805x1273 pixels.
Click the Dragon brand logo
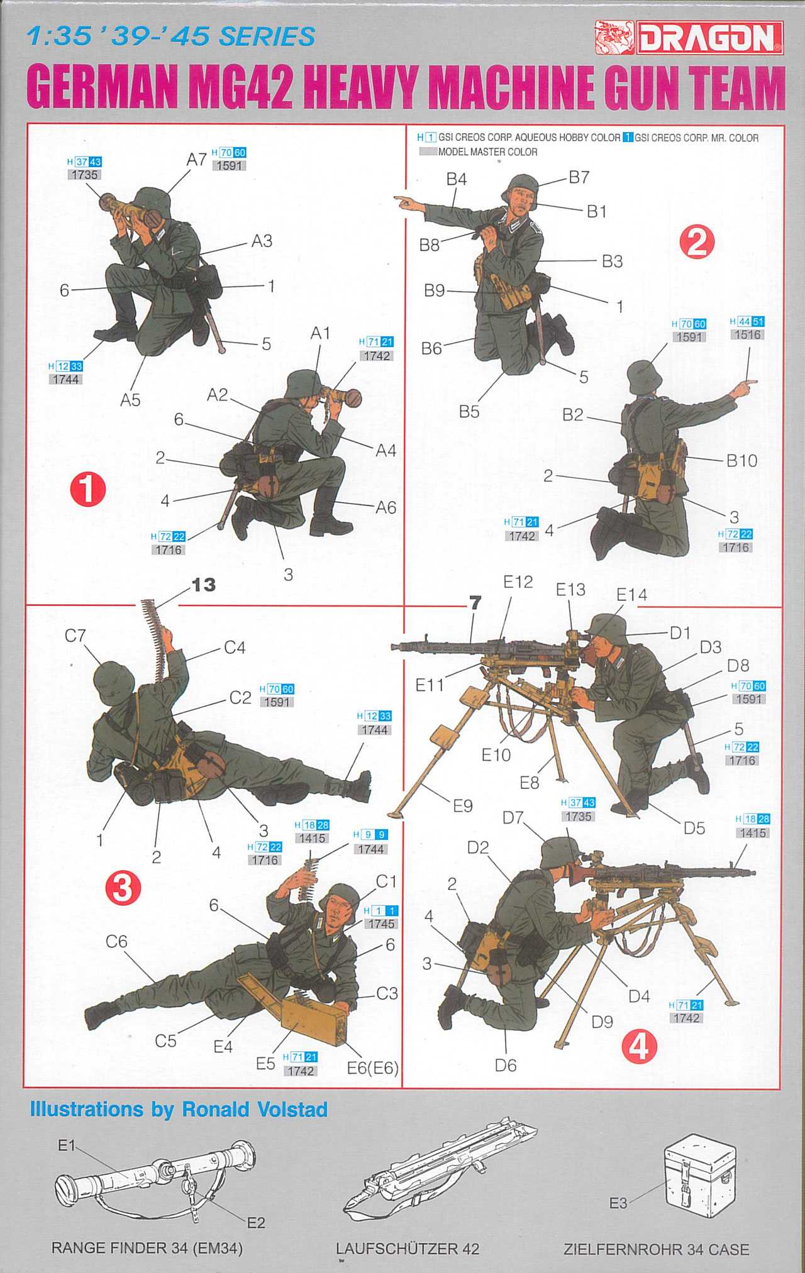[x=689, y=37]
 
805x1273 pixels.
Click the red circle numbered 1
[x=88, y=489]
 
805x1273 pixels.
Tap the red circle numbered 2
[x=697, y=242]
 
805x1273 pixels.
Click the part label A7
[x=197, y=160]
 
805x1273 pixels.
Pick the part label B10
[x=742, y=461]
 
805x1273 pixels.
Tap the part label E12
[x=518, y=582]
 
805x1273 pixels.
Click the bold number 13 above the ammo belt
[x=203, y=585]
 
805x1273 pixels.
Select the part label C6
[x=116, y=941]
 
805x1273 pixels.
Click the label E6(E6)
[x=373, y=1068]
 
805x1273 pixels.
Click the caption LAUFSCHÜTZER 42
[x=408, y=1248]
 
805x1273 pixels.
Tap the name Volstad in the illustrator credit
[x=292, y=1110]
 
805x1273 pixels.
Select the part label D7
[x=513, y=818]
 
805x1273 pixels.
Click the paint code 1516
[x=747, y=334]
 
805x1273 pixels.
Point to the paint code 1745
[x=381, y=923]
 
